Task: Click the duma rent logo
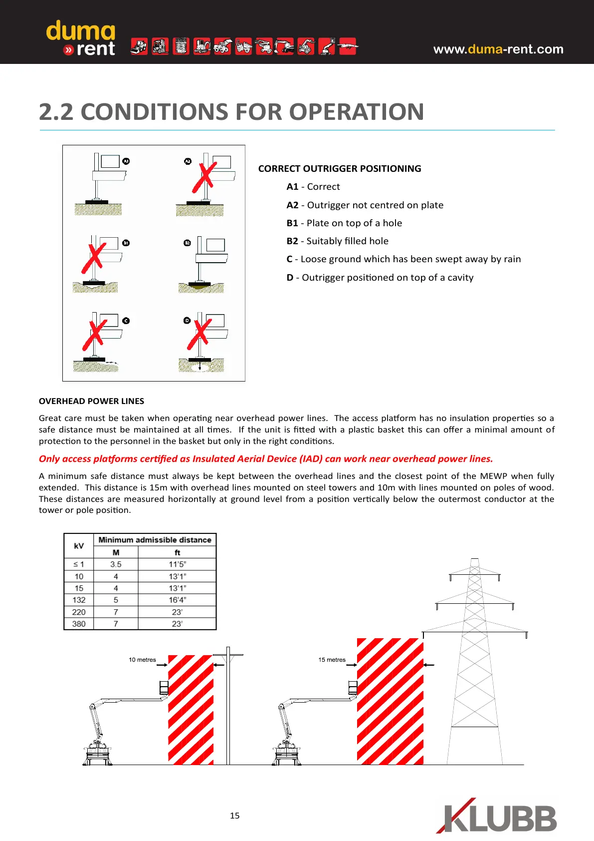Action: tap(81, 38)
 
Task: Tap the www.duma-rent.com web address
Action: tap(498, 49)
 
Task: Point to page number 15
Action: tap(234, 816)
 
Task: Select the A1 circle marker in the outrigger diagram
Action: tap(126, 161)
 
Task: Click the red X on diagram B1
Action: tap(94, 258)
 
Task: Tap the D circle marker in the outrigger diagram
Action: tap(187, 321)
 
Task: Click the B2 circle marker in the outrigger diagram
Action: tap(187, 243)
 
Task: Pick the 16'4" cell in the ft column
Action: tap(177, 600)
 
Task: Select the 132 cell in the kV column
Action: tap(79, 600)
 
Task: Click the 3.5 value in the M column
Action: tap(116, 564)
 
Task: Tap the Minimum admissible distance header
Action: tap(155, 540)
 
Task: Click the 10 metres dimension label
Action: tap(142, 660)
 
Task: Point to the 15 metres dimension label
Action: tap(332, 660)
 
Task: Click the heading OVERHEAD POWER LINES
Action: tap(91, 401)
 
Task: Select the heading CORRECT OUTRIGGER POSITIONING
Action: tap(340, 169)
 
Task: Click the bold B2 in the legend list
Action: tap(292, 241)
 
